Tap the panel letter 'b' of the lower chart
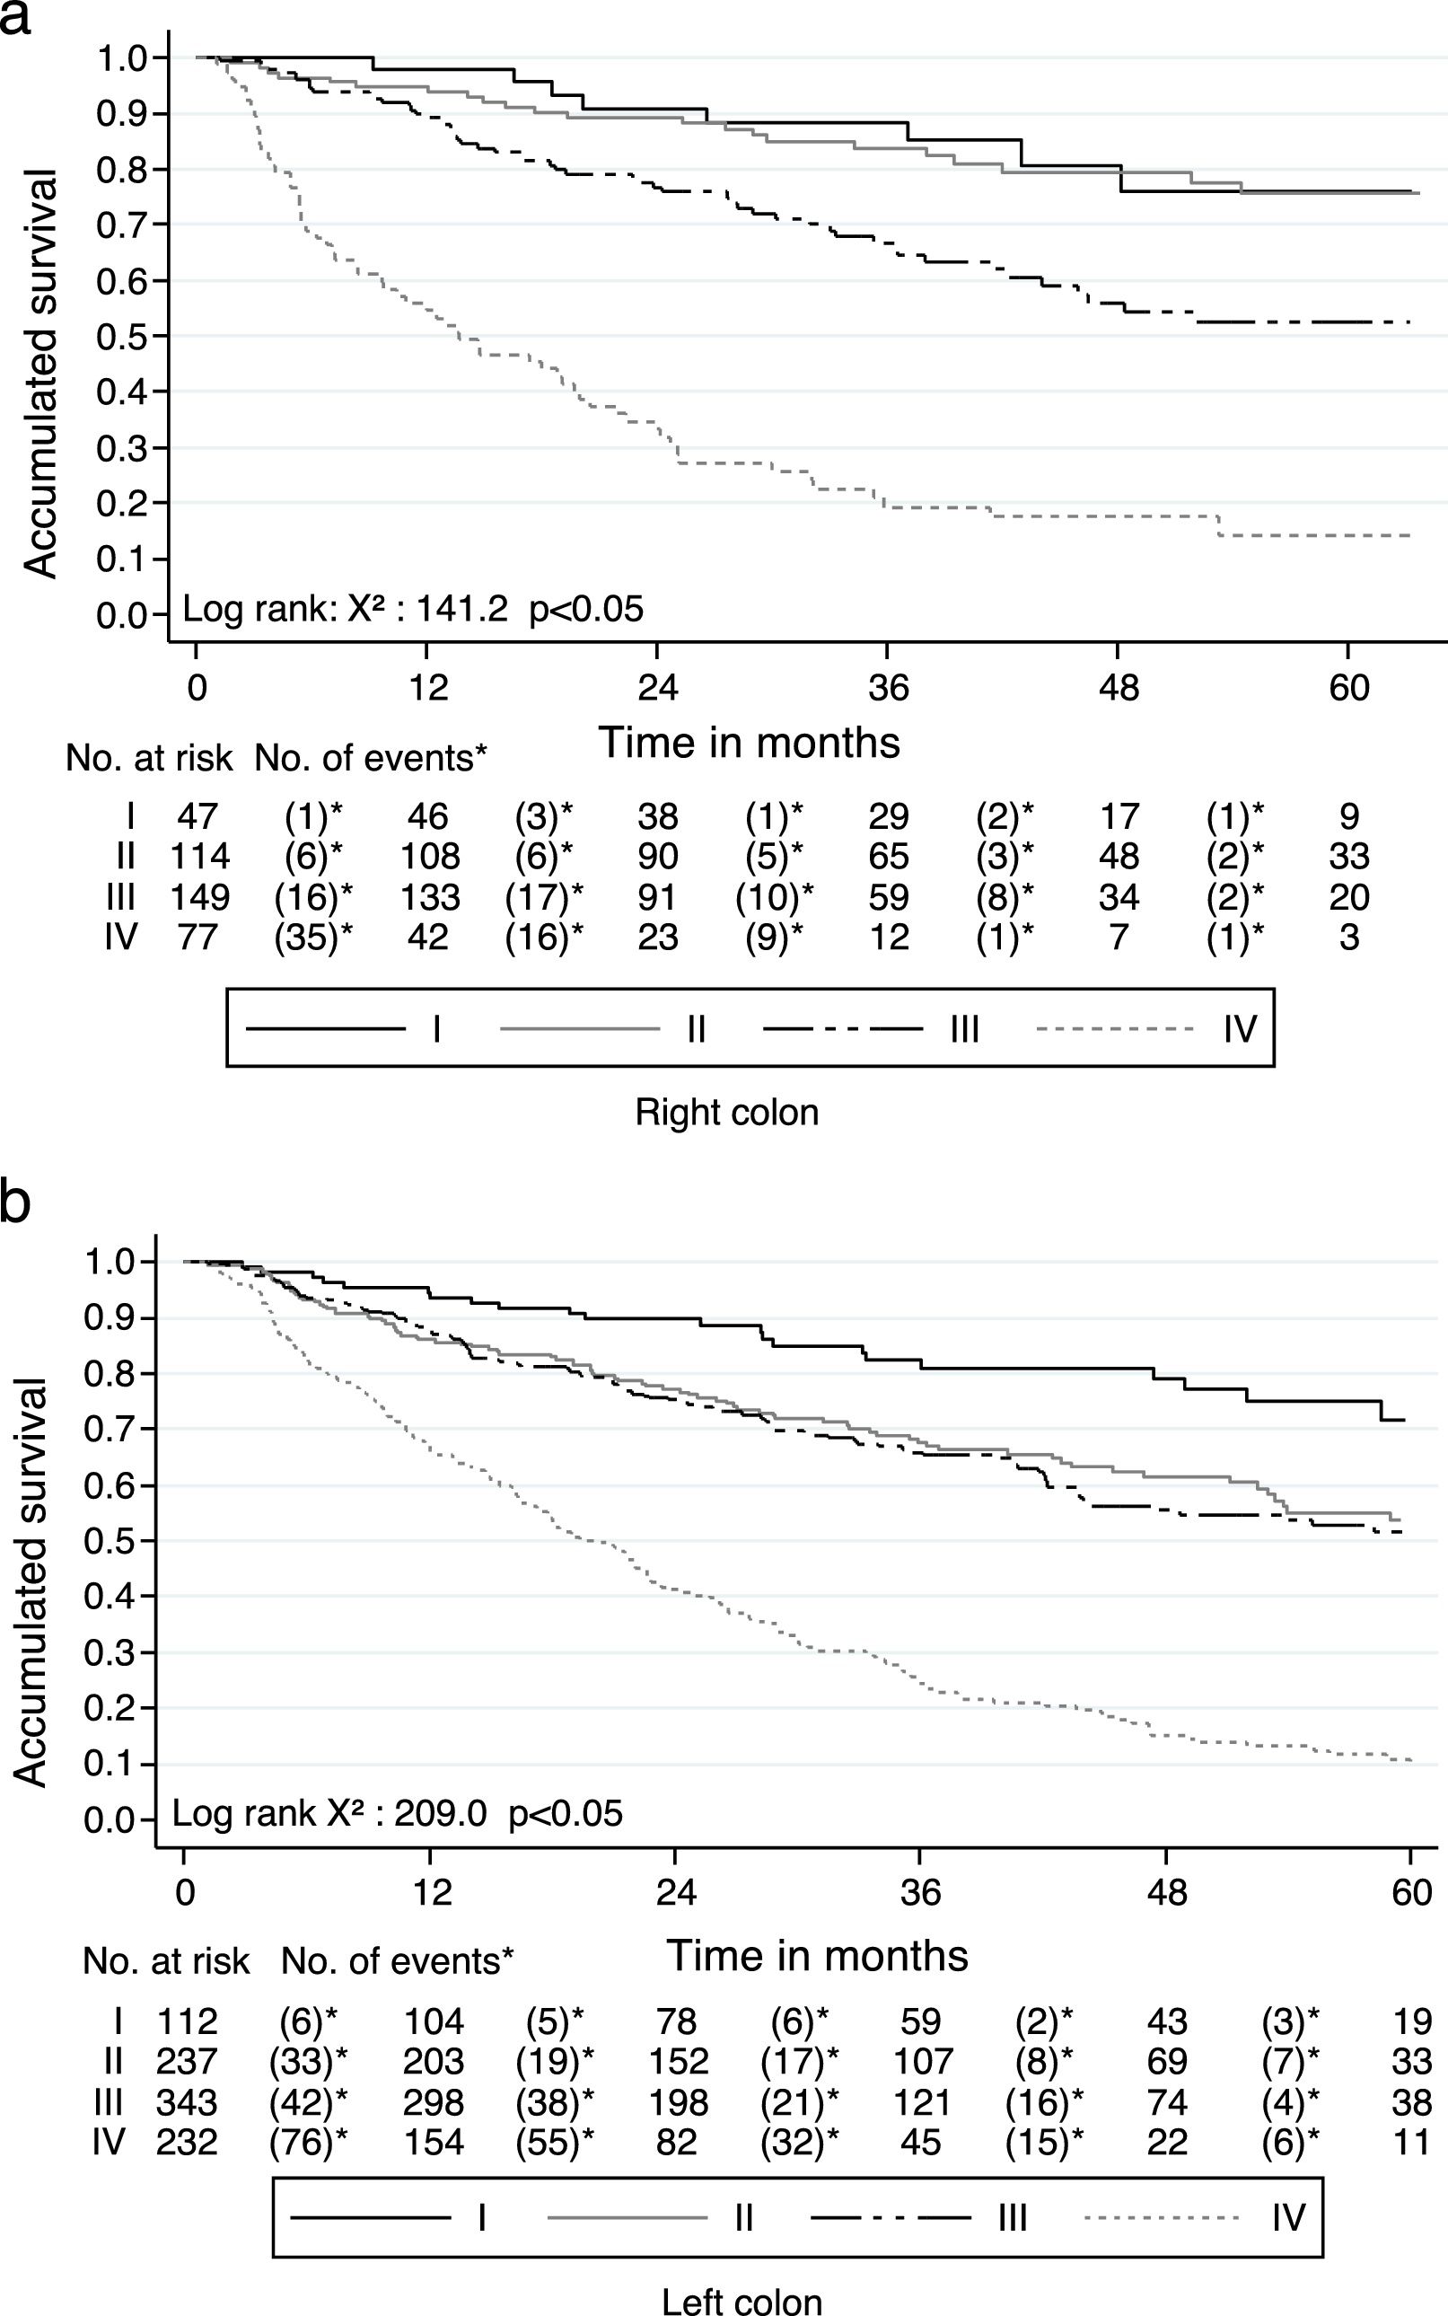(16, 1203)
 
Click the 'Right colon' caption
(727, 1113)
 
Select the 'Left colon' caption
(742, 2299)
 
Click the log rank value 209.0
(441, 1813)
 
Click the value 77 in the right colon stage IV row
(197, 937)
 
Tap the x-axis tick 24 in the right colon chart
(657, 688)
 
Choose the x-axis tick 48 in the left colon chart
(1166, 1892)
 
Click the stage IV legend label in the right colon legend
(1239, 1030)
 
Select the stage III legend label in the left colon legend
(1013, 2217)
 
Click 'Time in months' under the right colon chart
(749, 744)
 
